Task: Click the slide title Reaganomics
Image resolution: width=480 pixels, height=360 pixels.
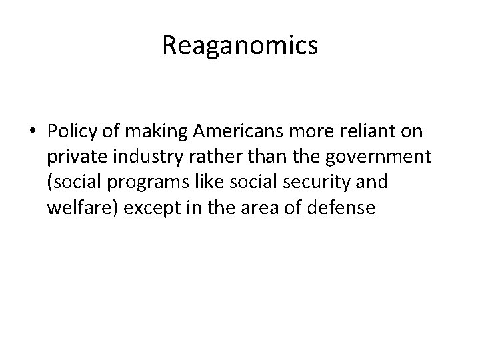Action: coord(240,45)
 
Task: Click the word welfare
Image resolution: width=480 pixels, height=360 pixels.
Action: coord(74,208)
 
